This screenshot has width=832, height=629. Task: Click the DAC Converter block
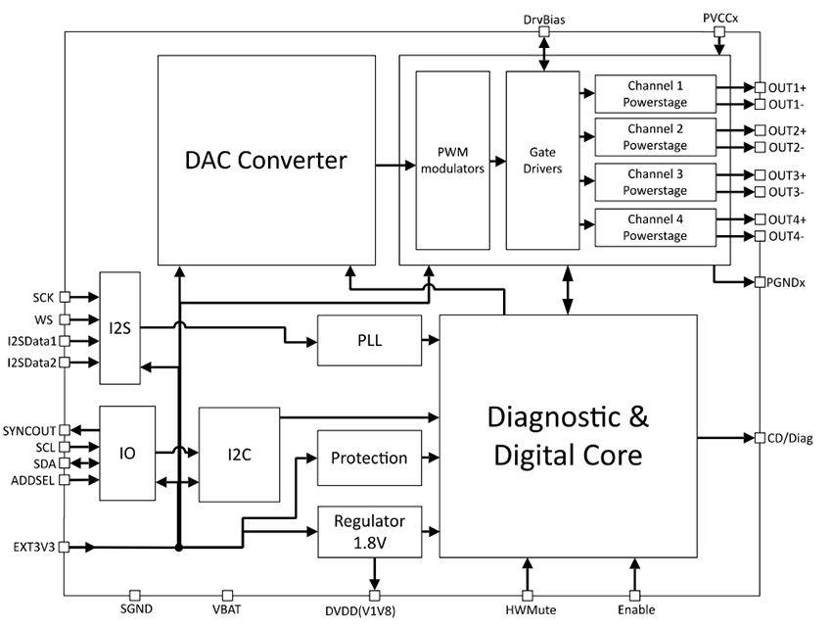(266, 159)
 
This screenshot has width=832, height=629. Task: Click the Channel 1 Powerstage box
(655, 94)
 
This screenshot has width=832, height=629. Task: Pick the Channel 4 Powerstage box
(655, 228)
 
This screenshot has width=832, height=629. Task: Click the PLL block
(369, 340)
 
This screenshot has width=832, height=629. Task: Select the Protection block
(369, 458)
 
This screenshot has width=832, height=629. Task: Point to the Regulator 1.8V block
(369, 530)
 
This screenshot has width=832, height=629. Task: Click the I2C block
(239, 454)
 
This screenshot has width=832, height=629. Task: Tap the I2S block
(120, 328)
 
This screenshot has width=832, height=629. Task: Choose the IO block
(127, 455)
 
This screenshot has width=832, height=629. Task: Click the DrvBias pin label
(543, 19)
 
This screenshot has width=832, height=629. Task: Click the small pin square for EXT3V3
(65, 547)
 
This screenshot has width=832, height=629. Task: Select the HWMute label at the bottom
(529, 610)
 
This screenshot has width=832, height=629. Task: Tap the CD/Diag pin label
(789, 438)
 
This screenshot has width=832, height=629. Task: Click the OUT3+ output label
(786, 174)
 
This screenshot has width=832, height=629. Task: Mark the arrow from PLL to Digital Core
(431, 340)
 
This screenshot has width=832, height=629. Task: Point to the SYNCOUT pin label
(30, 430)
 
